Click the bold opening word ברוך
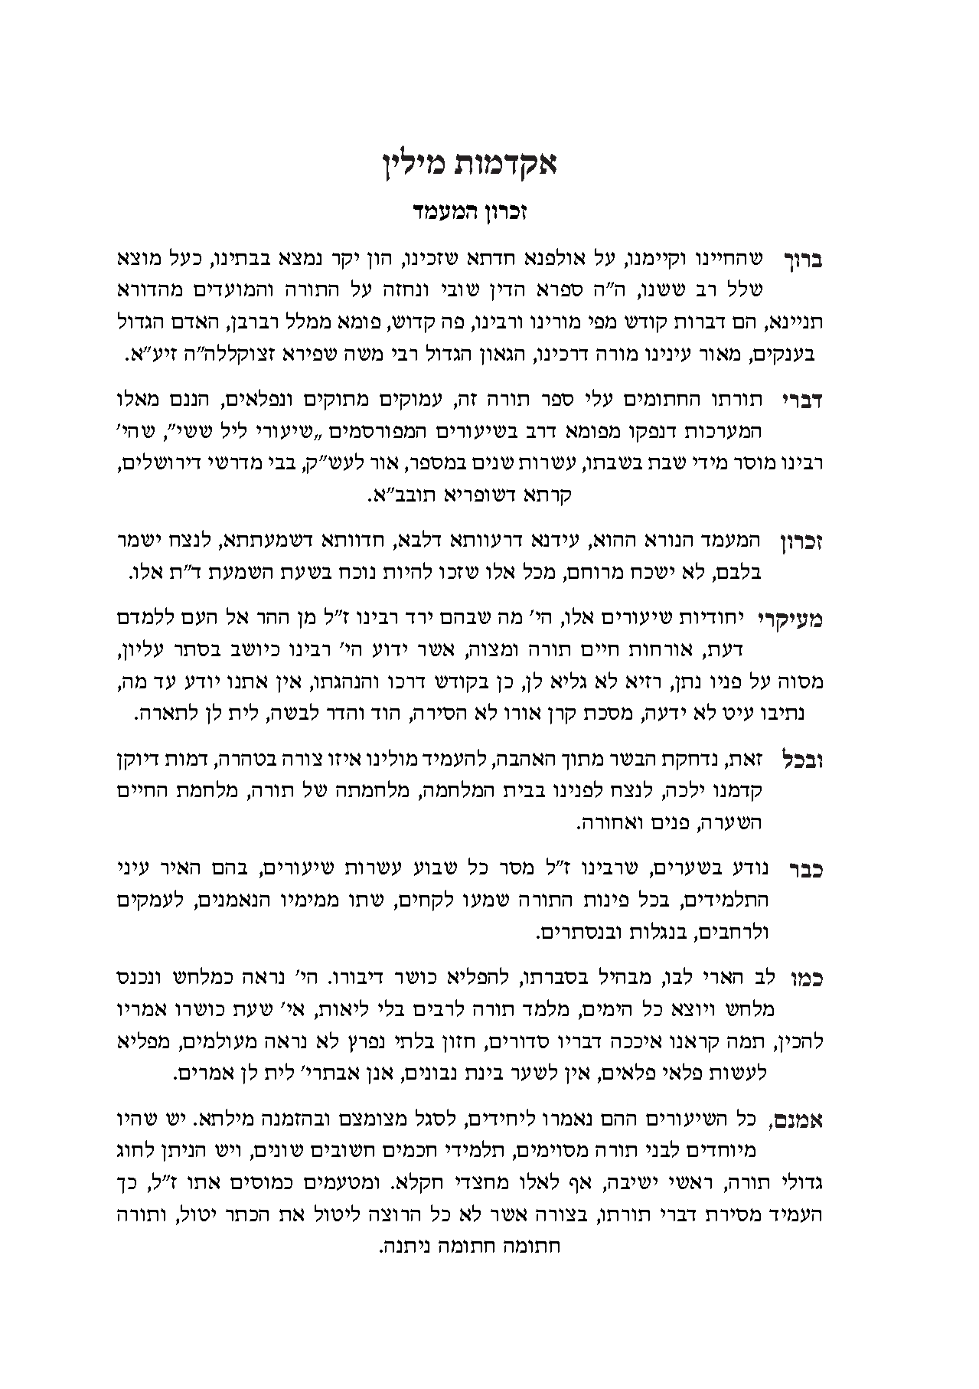pyautogui.click(x=803, y=260)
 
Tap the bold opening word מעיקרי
pyautogui.click(x=790, y=619)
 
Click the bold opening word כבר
pyautogui.click(x=804, y=869)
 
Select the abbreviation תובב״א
pyautogui.click(x=400, y=495)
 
